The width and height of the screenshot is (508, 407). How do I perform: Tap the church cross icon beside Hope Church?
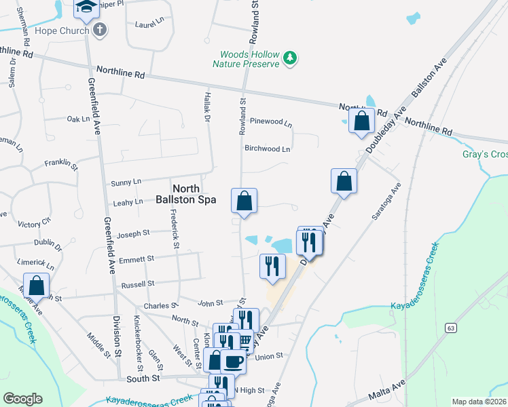[x=100, y=30]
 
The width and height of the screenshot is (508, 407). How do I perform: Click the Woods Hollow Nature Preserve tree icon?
[x=291, y=58]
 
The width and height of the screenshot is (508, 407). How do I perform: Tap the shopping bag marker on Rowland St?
[x=244, y=201]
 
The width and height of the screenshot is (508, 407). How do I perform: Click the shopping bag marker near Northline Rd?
[x=362, y=122]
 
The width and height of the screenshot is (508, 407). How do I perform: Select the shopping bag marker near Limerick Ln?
[x=36, y=286]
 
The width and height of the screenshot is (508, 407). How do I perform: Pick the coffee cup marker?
[x=233, y=362]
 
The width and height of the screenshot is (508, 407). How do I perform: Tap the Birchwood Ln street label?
[x=267, y=149]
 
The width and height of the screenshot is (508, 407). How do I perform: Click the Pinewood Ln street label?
[x=271, y=123]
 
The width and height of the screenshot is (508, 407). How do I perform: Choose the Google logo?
[x=22, y=399]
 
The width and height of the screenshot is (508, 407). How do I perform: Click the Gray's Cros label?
[x=485, y=154]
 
